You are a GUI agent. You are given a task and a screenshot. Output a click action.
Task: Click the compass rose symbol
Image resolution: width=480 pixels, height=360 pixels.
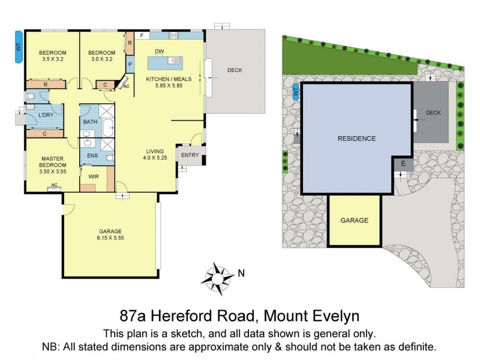click(x=217, y=275)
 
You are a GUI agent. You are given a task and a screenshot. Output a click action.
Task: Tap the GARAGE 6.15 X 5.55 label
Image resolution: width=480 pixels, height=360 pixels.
click(x=110, y=235)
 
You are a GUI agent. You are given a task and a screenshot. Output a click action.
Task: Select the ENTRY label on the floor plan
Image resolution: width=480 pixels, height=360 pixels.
click(x=190, y=155)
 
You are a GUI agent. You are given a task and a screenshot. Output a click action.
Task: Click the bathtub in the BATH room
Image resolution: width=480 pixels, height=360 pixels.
click(x=109, y=128)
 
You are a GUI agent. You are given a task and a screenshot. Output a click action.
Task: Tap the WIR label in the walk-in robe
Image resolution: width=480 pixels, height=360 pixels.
click(x=94, y=176)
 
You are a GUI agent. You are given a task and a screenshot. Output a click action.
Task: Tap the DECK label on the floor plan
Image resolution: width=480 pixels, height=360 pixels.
click(x=235, y=70)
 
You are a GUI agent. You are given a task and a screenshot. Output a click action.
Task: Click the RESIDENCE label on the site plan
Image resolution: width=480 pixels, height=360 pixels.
click(x=356, y=139)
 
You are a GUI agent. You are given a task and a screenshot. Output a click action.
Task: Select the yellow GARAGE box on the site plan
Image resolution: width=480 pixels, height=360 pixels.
click(x=354, y=220)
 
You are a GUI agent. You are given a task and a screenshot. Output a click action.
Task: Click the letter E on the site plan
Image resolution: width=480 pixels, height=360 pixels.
click(x=403, y=163)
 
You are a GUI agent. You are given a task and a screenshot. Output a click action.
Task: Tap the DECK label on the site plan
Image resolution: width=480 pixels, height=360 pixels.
click(x=433, y=113)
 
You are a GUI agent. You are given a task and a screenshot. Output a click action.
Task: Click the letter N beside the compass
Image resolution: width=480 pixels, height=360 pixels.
click(x=241, y=273)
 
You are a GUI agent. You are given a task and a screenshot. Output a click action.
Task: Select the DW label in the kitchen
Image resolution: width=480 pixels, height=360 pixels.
click(x=159, y=51)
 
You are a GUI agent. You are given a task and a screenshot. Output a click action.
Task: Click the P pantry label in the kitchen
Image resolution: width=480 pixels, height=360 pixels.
click(x=129, y=63)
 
